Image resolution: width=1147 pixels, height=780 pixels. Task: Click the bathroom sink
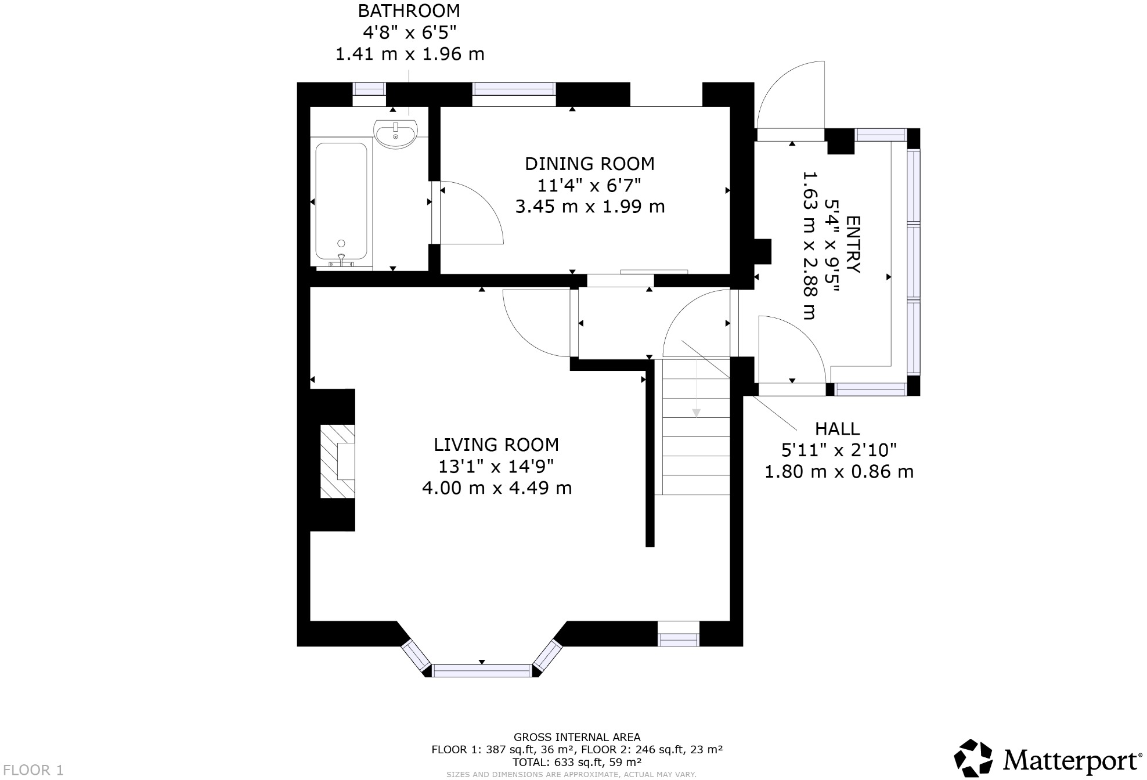tap(395, 133)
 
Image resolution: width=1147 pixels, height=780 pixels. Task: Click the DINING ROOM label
tap(589, 164)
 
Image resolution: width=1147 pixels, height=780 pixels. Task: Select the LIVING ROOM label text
tap(496, 445)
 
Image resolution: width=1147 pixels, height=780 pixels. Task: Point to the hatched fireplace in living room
tap(338, 461)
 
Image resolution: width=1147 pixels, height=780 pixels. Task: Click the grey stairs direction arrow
tap(696, 413)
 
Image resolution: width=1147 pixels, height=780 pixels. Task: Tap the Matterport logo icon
tap(973, 757)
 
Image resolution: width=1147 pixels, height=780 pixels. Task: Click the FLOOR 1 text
tap(33, 770)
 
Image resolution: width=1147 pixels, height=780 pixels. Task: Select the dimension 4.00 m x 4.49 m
tap(497, 488)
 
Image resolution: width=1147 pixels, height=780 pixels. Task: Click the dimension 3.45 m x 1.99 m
tap(590, 207)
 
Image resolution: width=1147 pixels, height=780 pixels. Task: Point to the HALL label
tap(837, 429)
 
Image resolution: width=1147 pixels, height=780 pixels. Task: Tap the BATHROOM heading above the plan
tap(409, 11)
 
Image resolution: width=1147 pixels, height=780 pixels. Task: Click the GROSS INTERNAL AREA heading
tap(577, 738)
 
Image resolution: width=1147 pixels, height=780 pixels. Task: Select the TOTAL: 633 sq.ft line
tap(577, 762)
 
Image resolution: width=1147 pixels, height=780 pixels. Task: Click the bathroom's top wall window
tap(369, 89)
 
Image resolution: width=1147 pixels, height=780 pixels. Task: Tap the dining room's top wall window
tap(514, 89)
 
